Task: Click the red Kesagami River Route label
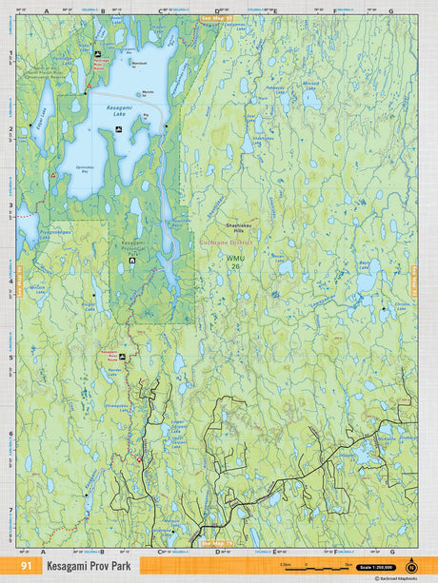pos(114,352)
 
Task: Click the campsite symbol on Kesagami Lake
pos(117,127)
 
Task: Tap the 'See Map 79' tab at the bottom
pos(217,543)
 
